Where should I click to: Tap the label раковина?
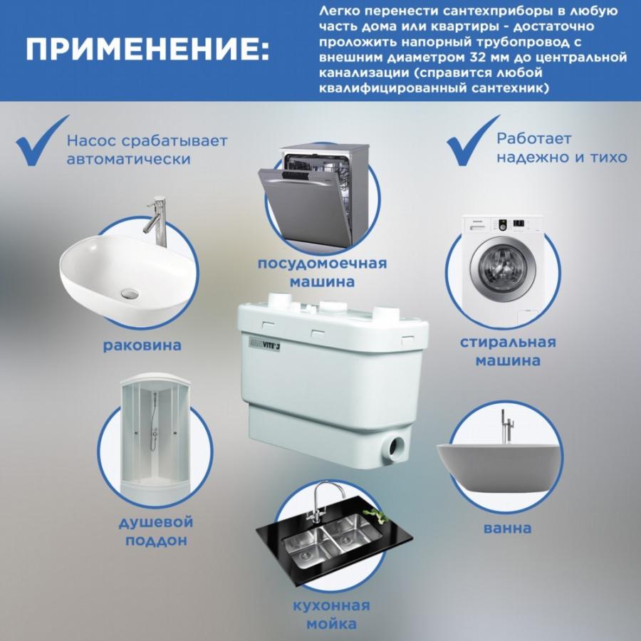142,345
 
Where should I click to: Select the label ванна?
507,528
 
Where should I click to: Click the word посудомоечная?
322,264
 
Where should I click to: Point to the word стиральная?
508,342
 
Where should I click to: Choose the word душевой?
156,523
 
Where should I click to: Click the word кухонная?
331,605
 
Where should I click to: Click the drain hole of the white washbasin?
130,293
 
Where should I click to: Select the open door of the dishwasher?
306,203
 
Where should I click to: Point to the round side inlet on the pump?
394,446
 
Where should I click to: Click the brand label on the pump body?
264,345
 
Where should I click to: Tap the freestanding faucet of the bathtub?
507,427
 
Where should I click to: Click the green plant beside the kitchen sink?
377,515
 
